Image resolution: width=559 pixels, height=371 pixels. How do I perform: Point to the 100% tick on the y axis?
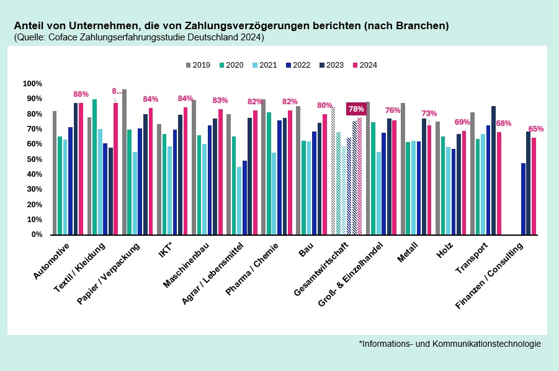click(32, 84)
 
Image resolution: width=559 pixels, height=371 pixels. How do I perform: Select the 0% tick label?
click(36, 235)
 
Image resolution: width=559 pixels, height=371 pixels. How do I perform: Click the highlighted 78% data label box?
click(356, 109)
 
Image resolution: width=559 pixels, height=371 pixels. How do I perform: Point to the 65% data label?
click(536, 129)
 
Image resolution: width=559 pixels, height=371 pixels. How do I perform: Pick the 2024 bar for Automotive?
click(81, 169)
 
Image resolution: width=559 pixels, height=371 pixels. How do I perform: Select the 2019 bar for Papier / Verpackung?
click(125, 162)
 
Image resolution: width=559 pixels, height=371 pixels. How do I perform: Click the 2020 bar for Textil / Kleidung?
click(94, 167)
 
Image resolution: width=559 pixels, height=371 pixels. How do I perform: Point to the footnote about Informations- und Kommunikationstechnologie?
click(450, 344)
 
